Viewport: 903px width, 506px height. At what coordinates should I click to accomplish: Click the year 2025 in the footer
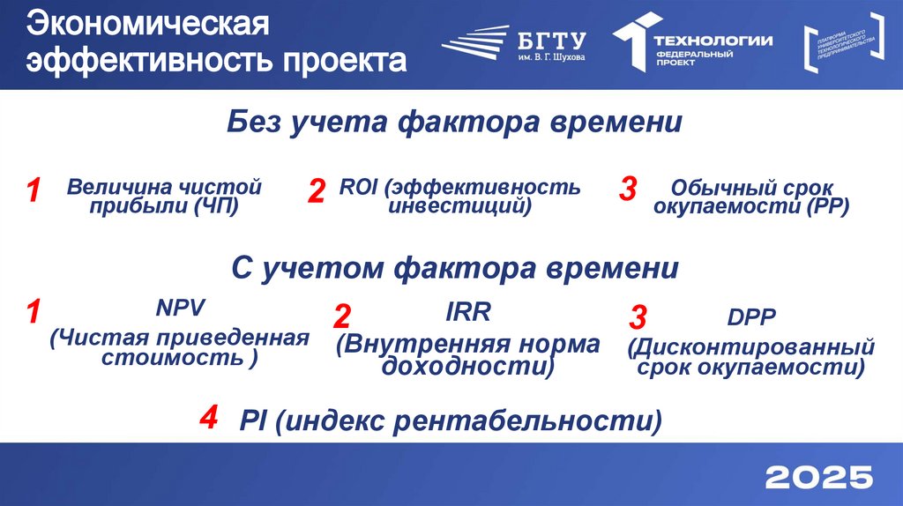point(819,478)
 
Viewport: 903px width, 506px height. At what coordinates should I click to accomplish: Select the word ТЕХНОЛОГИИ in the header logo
point(713,40)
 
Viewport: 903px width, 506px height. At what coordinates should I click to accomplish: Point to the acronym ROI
point(356,187)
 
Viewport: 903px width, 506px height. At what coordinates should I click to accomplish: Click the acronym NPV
point(180,309)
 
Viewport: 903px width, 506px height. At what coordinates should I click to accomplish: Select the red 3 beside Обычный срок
point(629,189)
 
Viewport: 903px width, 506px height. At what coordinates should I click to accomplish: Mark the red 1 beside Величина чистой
point(34,191)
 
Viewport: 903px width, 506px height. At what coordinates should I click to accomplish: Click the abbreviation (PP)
point(827,207)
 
